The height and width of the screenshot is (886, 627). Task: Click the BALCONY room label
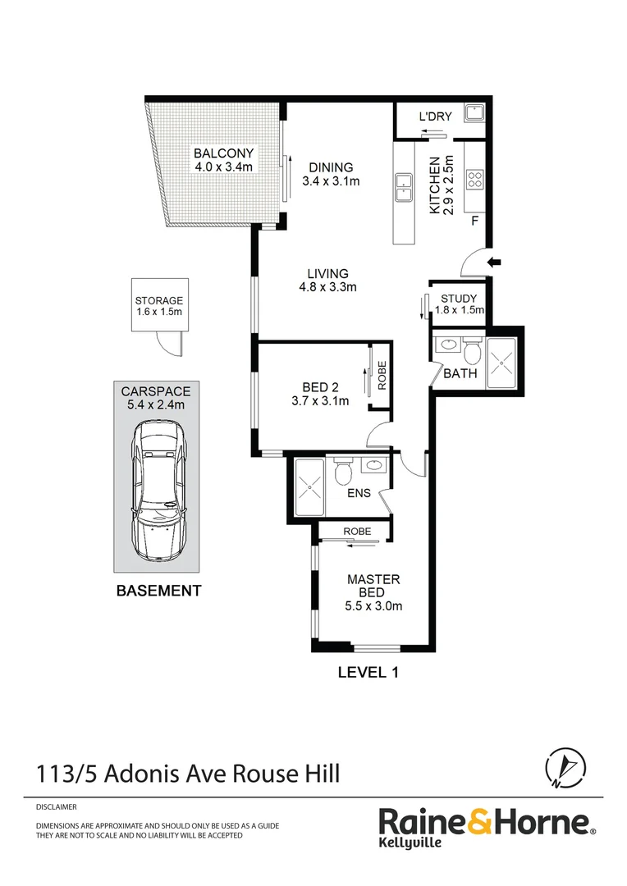click(x=224, y=153)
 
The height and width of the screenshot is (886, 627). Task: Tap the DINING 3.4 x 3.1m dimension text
click(x=332, y=181)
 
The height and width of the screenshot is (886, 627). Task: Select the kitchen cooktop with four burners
click(x=474, y=180)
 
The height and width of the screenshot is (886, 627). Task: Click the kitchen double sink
click(x=404, y=188)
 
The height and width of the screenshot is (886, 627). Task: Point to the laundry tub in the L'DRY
click(x=474, y=112)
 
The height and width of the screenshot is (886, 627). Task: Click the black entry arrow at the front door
click(x=494, y=262)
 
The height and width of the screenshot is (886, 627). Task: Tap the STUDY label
click(x=459, y=299)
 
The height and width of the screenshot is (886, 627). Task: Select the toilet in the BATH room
click(x=472, y=351)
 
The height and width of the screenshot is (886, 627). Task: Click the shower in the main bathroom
click(x=501, y=363)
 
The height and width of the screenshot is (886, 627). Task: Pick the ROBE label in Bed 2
click(x=382, y=375)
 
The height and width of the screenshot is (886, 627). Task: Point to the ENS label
click(x=359, y=493)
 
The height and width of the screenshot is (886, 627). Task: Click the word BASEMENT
click(x=159, y=591)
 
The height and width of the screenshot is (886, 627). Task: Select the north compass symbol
click(x=565, y=767)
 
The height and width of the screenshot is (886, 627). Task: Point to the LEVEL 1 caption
click(x=368, y=673)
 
